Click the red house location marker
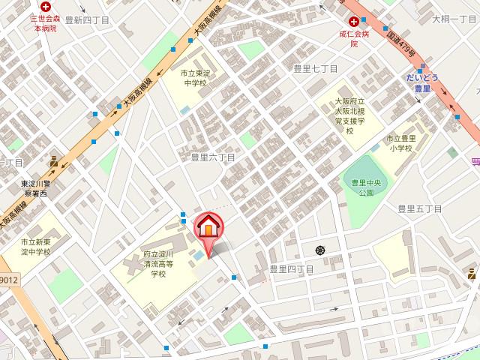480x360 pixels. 208,227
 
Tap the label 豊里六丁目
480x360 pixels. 213,157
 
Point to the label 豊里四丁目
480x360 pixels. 291,268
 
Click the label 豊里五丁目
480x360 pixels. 420,208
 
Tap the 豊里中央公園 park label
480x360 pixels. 366,187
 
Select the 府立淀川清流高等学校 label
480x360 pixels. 159,264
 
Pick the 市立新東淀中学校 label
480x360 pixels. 35,247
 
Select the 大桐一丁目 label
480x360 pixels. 454,19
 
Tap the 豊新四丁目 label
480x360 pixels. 88,20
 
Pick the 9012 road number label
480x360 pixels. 8,279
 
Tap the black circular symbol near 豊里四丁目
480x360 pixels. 320,249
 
